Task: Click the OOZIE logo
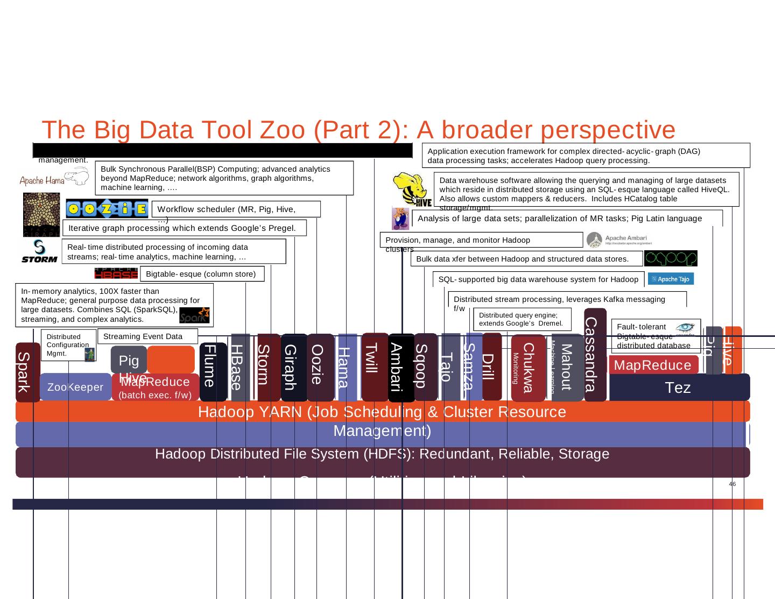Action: click(107, 209)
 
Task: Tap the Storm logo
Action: click(39, 252)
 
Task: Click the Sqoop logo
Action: click(671, 258)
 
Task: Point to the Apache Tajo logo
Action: click(671, 279)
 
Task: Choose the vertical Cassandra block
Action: click(595, 355)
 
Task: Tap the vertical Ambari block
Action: click(400, 368)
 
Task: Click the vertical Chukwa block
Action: click(528, 368)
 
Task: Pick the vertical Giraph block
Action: click(293, 368)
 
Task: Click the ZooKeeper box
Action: click(75, 387)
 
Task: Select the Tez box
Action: click(678, 387)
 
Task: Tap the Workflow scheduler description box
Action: click(236, 209)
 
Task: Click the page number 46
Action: click(732, 484)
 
